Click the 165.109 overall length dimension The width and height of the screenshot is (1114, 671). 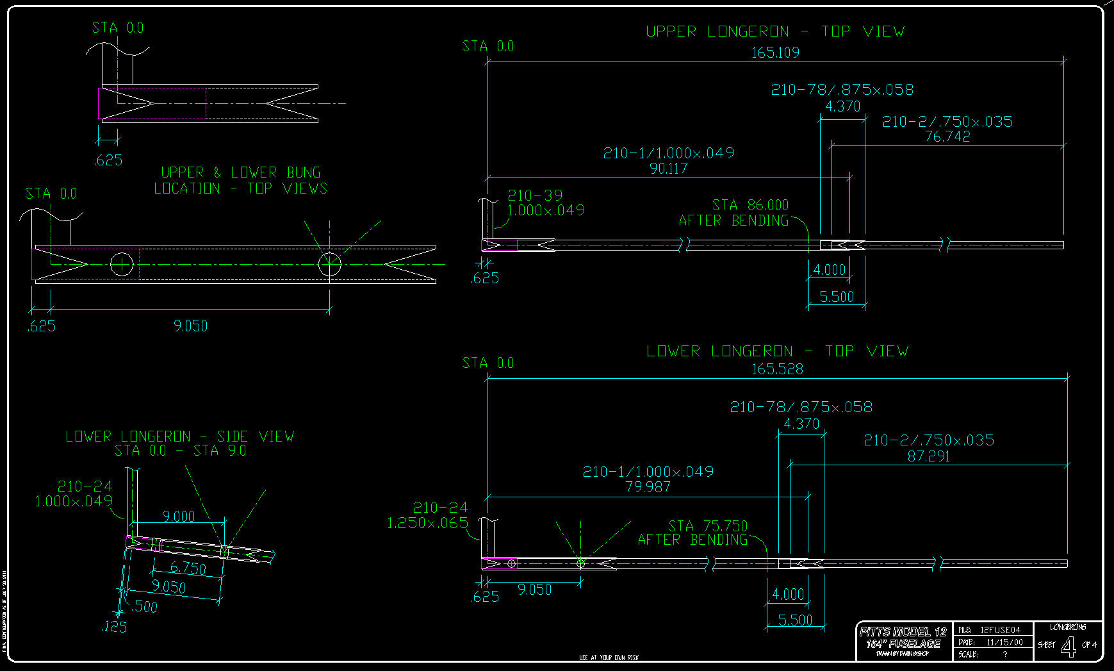tap(775, 53)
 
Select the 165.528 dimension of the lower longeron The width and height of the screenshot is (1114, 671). tap(777, 369)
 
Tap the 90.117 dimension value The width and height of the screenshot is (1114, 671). tap(668, 169)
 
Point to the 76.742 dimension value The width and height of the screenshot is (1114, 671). tap(947, 137)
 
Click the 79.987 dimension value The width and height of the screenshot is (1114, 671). tap(648, 487)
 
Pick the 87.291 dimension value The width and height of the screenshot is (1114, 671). tap(929, 456)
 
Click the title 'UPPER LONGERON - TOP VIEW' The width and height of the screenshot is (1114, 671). tap(775, 31)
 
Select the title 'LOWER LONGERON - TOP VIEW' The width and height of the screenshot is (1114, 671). tap(777, 351)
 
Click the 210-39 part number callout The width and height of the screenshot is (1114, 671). tap(535, 195)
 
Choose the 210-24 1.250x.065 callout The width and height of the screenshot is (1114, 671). tap(427, 515)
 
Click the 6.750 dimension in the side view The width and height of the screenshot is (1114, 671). tap(188, 568)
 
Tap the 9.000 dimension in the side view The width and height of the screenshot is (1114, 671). tap(178, 517)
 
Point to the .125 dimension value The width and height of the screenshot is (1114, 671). tap(114, 627)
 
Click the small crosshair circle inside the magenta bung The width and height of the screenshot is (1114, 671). tap(121, 263)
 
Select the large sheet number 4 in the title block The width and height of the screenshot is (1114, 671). tap(1068, 646)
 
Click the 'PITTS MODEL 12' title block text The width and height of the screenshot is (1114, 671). tap(903, 632)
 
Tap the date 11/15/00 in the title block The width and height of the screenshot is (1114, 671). tap(1004, 642)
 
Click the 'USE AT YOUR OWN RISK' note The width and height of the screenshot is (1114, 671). tap(609, 658)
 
